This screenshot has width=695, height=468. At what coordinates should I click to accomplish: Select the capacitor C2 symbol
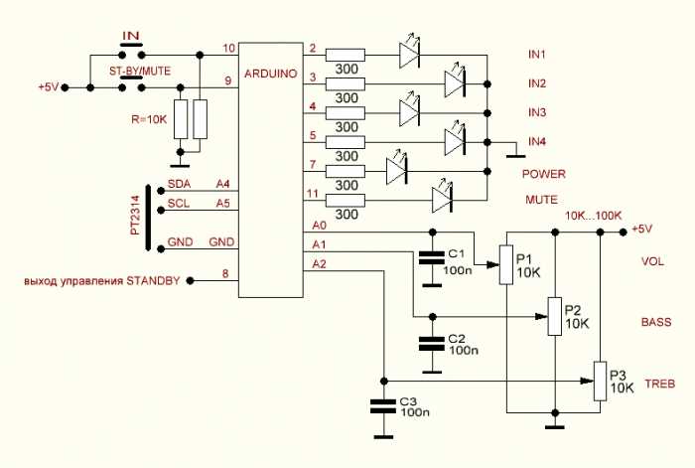[430, 344]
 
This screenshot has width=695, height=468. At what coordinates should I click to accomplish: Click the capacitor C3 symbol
[381, 405]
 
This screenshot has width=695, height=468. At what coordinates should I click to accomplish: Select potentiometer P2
[554, 317]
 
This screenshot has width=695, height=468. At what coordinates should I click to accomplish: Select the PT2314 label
[134, 215]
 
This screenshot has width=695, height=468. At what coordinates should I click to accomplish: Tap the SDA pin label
[179, 185]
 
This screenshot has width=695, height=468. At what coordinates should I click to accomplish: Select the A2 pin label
[319, 264]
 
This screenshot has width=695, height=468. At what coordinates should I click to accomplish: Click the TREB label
[660, 384]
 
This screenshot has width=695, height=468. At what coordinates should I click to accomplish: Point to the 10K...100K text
[592, 215]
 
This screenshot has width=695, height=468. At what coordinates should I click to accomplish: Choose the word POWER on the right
[543, 173]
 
